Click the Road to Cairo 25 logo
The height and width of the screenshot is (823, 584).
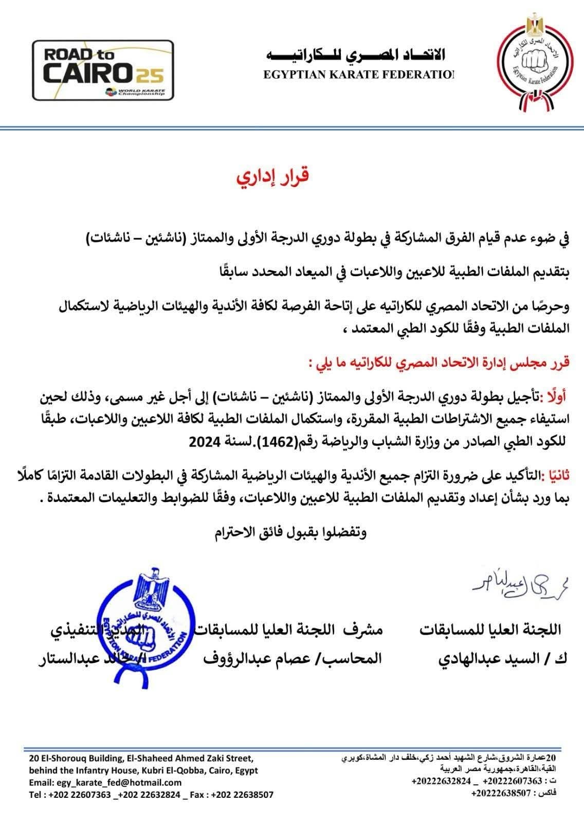[103, 70]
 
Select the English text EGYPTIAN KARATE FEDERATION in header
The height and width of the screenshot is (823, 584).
[359, 75]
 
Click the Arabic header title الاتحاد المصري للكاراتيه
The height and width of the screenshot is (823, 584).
[356, 55]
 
